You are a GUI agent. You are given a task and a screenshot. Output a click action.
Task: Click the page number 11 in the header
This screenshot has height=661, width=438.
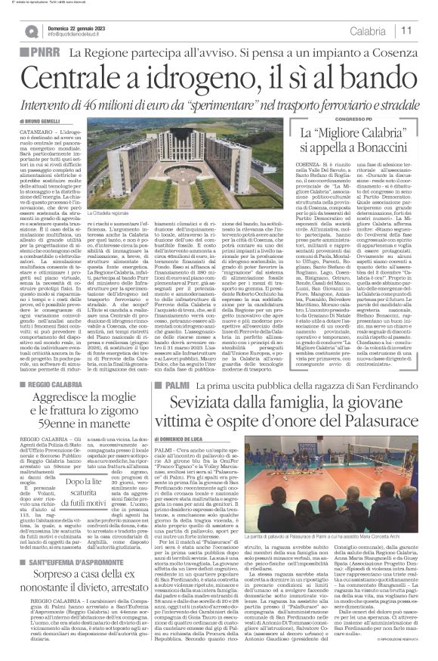(x=406, y=30)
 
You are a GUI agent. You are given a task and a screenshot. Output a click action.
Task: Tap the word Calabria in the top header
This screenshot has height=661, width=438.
(x=368, y=30)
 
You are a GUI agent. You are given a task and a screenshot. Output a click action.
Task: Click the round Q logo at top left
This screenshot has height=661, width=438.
(x=31, y=31)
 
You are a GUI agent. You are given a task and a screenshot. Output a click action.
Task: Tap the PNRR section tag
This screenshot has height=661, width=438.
(x=43, y=54)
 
